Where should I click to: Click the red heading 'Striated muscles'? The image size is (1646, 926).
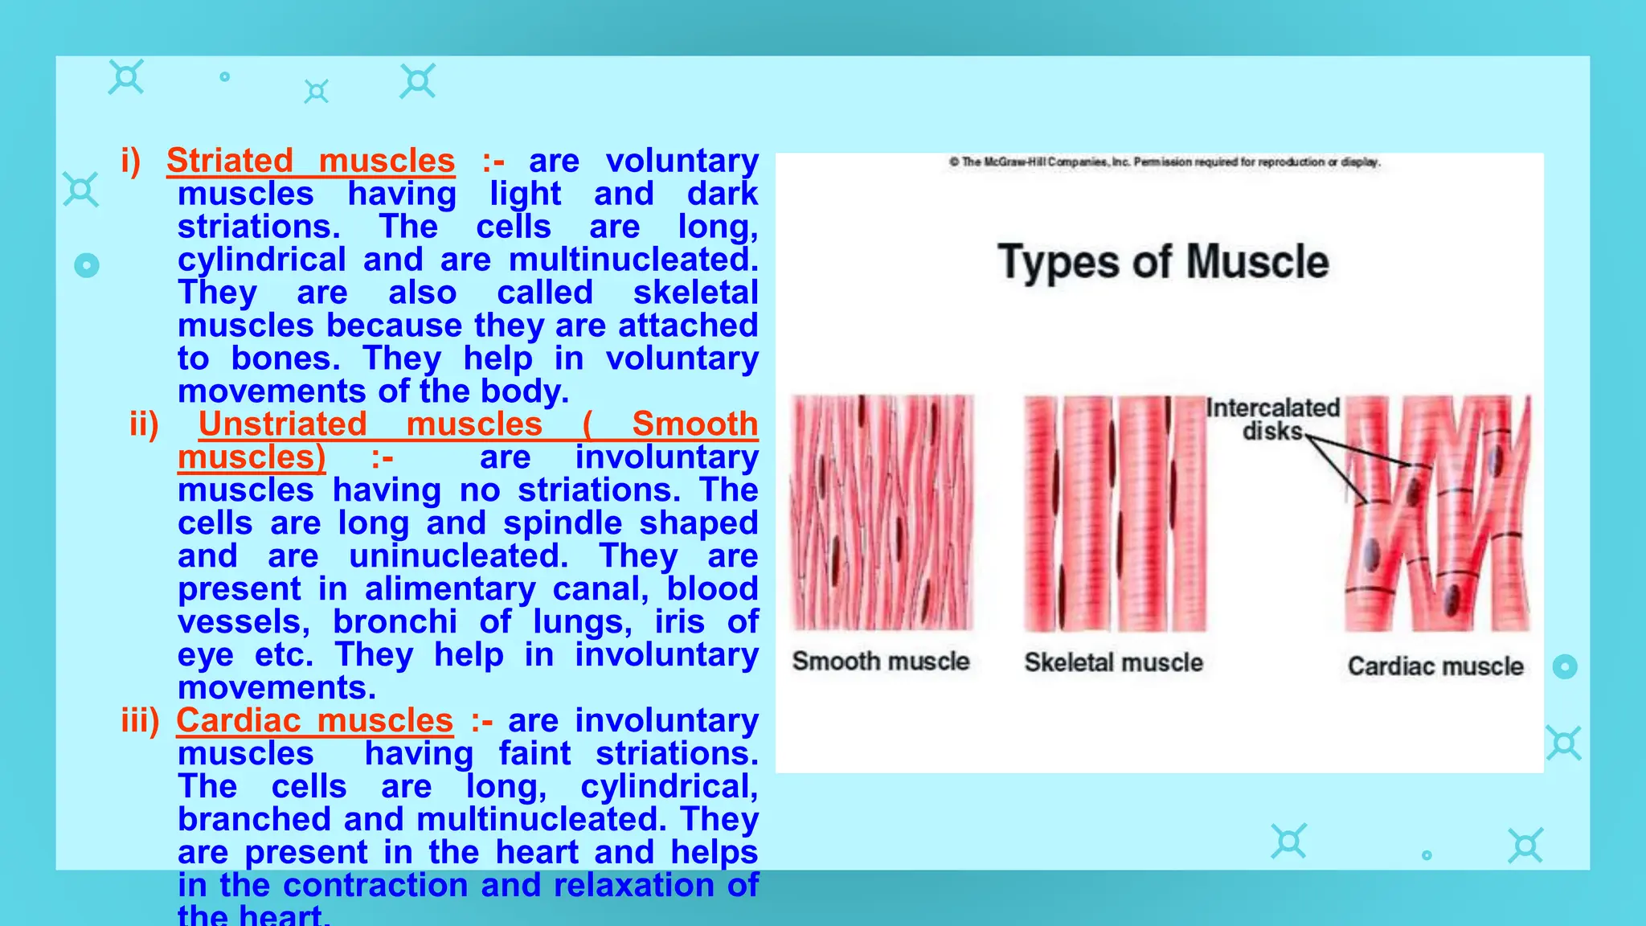pos(310,161)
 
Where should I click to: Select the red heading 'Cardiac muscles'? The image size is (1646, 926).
pos(314,720)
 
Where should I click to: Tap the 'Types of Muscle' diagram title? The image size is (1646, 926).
pos(1163,263)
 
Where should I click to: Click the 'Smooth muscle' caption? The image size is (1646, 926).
pos(881,662)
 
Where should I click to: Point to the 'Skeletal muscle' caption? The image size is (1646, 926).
pos(1113,662)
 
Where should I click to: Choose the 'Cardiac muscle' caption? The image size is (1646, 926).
pos(1435,666)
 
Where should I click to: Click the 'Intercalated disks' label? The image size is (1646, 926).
pos(1273,420)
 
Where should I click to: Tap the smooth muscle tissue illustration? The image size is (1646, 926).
pos(882,512)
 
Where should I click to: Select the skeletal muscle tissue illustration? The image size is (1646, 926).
pos(1114,513)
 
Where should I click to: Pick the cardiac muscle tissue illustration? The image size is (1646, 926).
pos(1438,513)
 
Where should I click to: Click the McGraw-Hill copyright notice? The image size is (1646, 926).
pos(1165,162)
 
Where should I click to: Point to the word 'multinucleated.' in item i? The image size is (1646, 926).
pos(633,260)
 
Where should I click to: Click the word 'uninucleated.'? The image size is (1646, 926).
pos(459,556)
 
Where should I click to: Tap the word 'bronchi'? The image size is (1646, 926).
pos(395,622)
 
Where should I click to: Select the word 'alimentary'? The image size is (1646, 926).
pos(450,589)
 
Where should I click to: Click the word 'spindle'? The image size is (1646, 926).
pos(563,523)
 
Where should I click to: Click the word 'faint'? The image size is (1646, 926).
pos(534,754)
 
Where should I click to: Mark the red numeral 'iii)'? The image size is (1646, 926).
pos(141,720)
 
